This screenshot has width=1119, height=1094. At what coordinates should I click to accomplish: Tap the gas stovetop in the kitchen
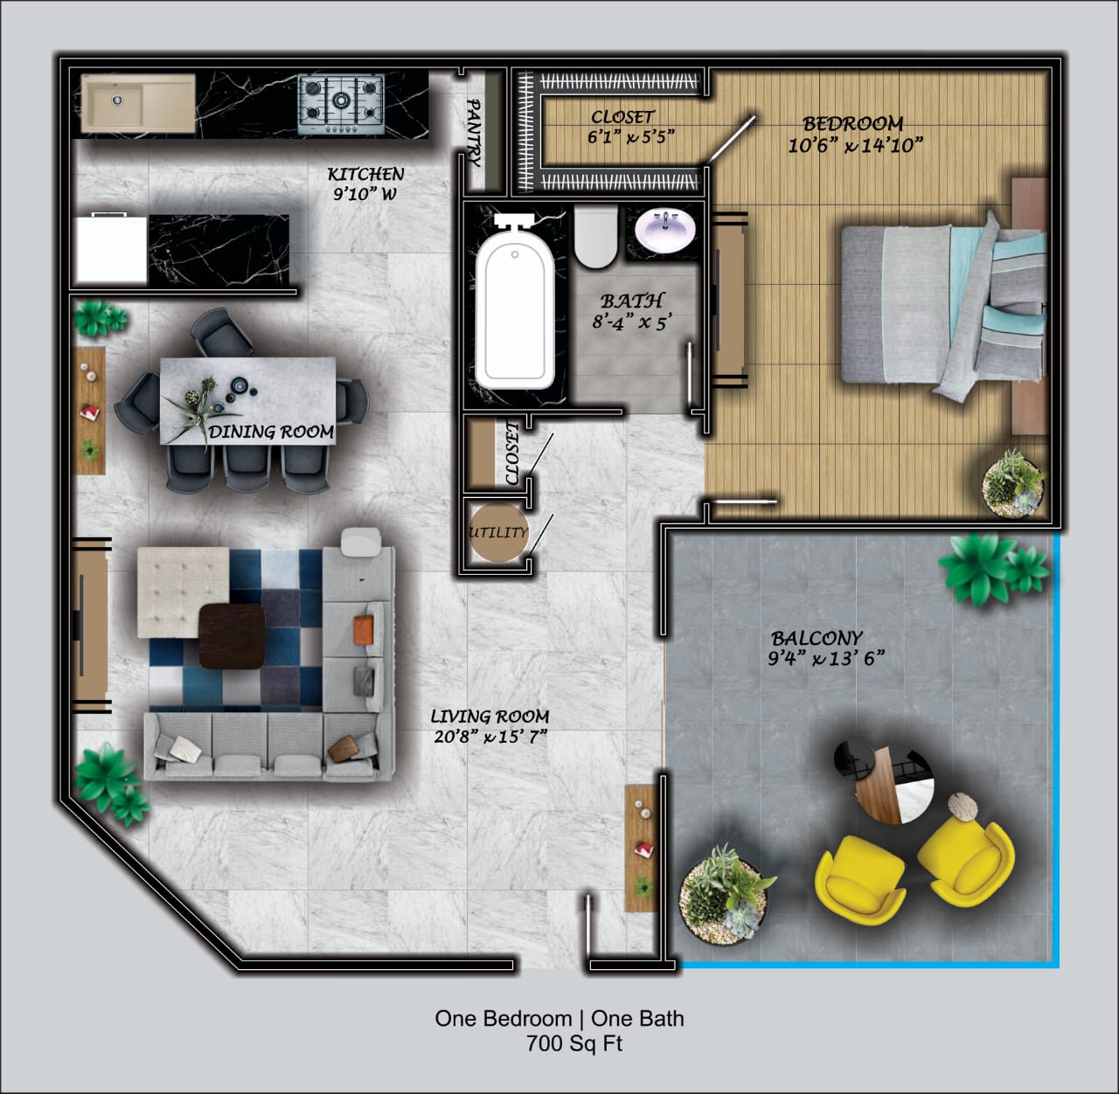coord(341,103)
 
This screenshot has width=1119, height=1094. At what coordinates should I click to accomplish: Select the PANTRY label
coord(474,132)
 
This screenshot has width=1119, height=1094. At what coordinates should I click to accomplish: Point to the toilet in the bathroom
coord(595,237)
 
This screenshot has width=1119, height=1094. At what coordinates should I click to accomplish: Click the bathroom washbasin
coord(665,230)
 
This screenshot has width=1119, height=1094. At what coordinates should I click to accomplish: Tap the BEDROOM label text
coord(852,123)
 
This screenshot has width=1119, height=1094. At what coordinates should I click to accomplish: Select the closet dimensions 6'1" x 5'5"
coord(631,137)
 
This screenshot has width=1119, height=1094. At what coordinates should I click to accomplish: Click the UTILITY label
coord(498,532)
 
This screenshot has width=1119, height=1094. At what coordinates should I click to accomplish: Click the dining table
coord(247,401)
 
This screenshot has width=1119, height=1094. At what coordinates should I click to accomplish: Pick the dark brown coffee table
coord(232,636)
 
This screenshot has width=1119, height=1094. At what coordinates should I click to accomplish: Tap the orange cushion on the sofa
coord(364,629)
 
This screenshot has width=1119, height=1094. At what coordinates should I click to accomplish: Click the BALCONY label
coord(817,638)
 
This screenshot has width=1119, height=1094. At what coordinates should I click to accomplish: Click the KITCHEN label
coord(365,174)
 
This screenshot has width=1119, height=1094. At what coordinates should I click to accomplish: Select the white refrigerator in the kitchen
coord(112,249)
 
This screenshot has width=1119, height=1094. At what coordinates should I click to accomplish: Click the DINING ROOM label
coord(271,432)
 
